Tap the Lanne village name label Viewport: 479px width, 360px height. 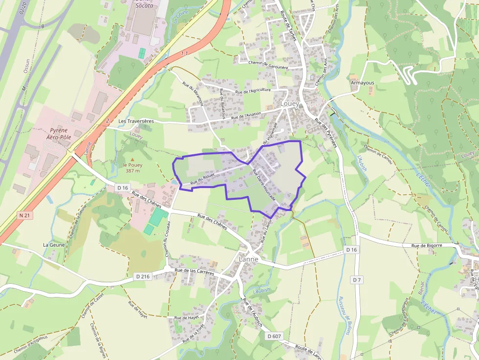[249, 259]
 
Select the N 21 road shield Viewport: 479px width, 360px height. [25, 215]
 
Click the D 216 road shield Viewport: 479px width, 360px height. [143, 276]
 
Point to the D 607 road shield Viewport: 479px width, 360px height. [274, 336]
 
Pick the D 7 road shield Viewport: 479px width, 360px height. [356, 280]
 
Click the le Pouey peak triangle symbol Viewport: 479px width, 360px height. [132, 160]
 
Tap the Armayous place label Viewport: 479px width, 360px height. [362, 83]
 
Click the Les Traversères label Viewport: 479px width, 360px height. [136, 121]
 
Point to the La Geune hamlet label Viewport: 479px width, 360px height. [53, 245]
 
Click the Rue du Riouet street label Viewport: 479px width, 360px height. [203, 180]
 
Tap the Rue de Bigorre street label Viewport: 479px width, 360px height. [427, 246]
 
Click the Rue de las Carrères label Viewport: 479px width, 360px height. [194, 272]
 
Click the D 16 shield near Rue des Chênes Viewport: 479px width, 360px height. [123, 188]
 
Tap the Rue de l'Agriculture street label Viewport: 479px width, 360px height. [253, 90]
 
